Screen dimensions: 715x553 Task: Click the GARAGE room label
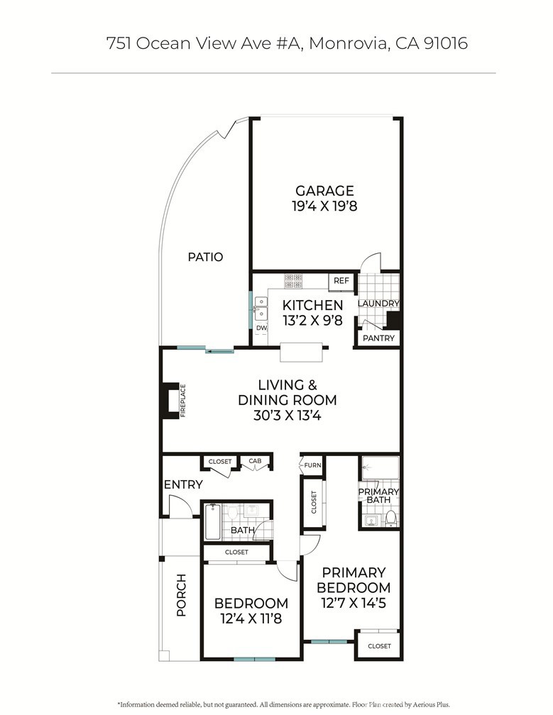click(324, 191)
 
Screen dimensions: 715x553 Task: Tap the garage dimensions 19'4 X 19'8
click(324, 207)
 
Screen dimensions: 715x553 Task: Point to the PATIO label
click(205, 257)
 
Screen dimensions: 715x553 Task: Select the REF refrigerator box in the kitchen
click(341, 282)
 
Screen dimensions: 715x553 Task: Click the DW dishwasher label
click(261, 328)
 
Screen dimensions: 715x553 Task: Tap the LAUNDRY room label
click(378, 304)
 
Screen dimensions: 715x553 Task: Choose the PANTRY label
click(378, 338)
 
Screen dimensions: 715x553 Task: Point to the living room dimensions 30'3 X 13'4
click(287, 416)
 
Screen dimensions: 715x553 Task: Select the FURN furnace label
click(313, 465)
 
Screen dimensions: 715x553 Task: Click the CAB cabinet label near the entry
click(255, 462)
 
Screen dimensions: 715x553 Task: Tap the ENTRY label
click(183, 485)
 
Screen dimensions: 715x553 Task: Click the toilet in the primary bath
click(390, 519)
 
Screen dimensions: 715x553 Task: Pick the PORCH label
click(180, 594)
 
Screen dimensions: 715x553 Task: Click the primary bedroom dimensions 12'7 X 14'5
click(353, 604)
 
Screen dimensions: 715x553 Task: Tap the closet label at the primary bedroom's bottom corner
click(379, 646)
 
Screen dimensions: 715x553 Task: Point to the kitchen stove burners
click(293, 282)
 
